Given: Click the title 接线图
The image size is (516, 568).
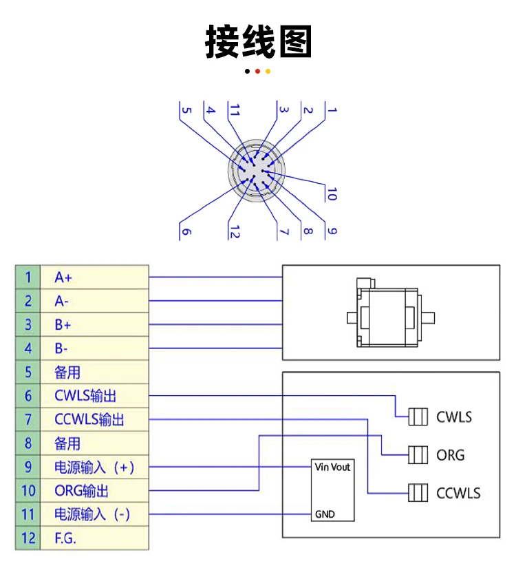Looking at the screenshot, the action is [258, 41].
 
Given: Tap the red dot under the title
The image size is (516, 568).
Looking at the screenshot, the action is [257, 72].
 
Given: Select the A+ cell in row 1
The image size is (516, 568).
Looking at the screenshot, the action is [94, 277].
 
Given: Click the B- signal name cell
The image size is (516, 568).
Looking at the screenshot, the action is [94, 348].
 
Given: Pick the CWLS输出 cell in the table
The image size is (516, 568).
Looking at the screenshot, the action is [94, 396].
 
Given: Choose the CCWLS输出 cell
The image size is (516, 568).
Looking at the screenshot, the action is [94, 419].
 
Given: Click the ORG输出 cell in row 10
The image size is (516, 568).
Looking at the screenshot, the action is [94, 490].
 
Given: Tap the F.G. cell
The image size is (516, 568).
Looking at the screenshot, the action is [94, 538].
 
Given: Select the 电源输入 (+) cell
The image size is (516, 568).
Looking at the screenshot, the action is [94, 467].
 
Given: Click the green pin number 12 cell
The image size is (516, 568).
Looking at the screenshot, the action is [28, 538].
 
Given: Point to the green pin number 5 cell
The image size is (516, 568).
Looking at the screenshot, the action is [28, 372].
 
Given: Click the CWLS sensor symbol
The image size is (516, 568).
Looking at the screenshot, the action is [418, 417].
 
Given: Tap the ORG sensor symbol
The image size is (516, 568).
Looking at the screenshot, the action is [418, 454].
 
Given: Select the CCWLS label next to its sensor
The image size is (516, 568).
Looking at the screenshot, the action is [458, 493].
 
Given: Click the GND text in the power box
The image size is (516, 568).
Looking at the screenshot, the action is [325, 514].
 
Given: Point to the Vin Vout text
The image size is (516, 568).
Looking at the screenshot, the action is [332, 467].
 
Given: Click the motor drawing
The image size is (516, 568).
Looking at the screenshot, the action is [391, 313].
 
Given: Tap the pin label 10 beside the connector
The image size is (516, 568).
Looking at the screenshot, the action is [332, 194].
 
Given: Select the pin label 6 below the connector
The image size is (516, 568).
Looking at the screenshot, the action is [186, 231].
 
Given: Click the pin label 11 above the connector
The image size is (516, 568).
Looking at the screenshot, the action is [235, 109].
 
